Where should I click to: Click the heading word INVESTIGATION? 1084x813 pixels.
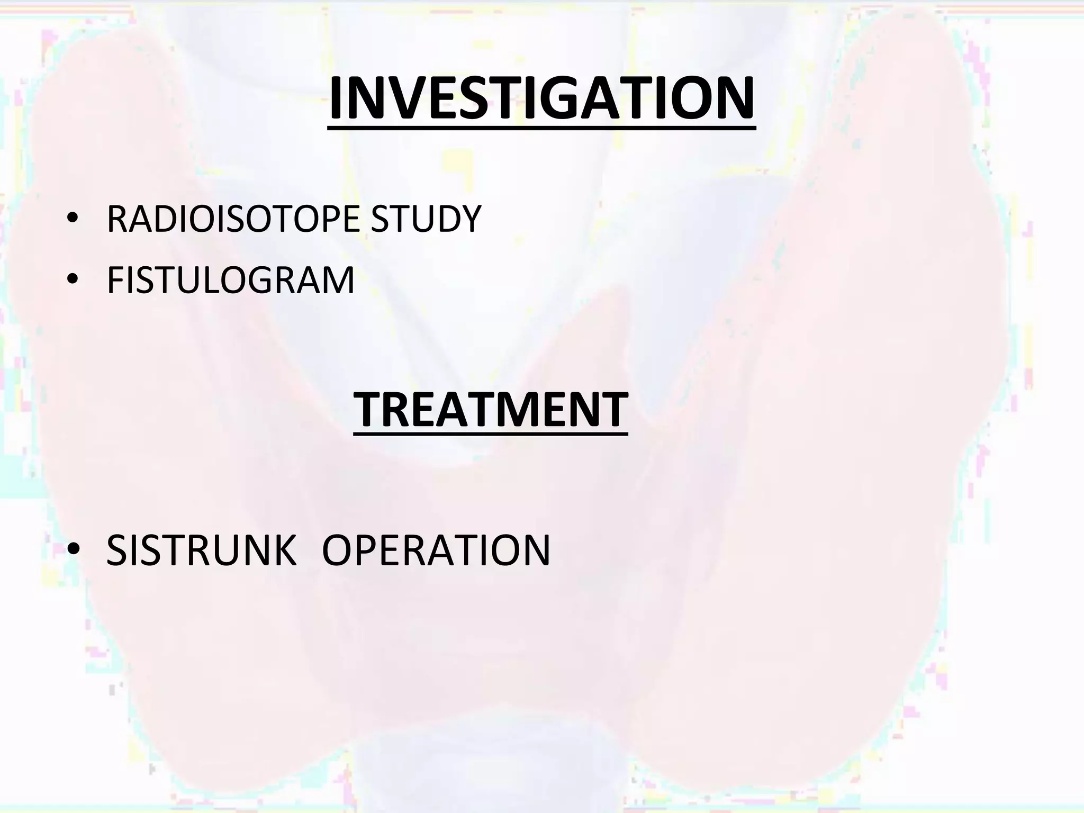[541, 98]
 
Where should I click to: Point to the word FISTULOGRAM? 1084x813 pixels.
[230, 280]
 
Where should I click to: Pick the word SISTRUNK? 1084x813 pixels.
[201, 550]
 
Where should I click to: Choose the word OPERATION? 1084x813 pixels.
[436, 550]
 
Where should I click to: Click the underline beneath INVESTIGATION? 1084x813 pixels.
[541, 127]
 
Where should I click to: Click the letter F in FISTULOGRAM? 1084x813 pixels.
[116, 280]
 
